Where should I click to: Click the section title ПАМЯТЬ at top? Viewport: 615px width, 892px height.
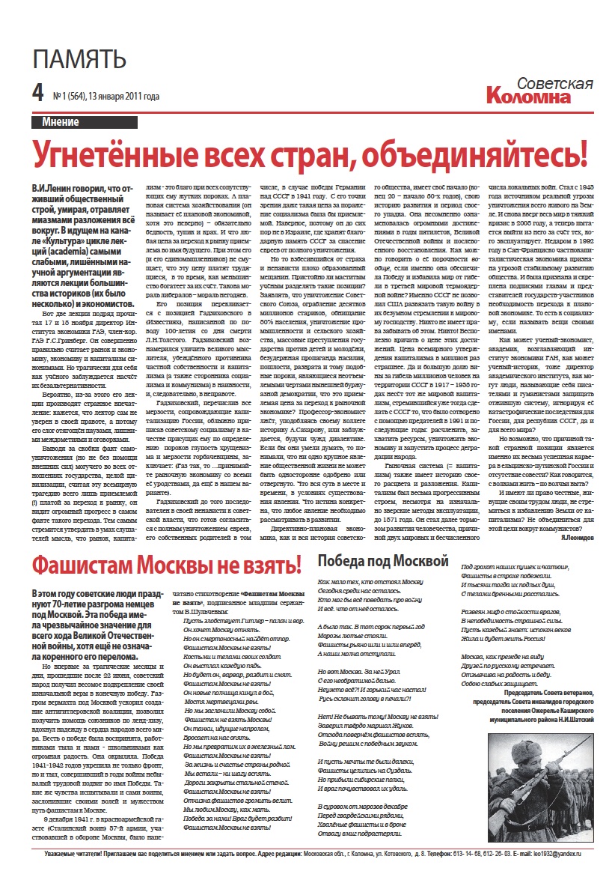click(x=79, y=58)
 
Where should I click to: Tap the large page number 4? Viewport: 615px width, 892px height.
click(x=38, y=94)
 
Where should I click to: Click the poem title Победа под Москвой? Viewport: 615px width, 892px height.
click(x=383, y=560)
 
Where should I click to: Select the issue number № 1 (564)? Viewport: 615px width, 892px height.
click(x=69, y=97)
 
